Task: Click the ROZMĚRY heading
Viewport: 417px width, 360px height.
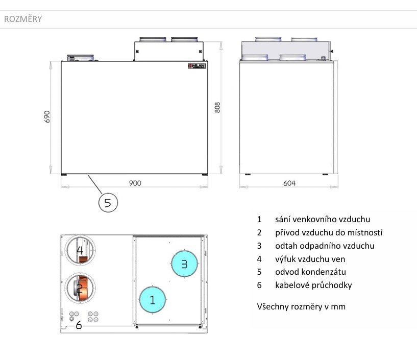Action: click(23, 19)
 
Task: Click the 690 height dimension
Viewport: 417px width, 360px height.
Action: click(47, 117)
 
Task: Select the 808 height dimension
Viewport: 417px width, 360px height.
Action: click(217, 107)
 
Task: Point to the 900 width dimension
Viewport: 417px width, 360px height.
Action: click(135, 183)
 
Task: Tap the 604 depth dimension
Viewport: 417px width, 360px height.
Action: click(289, 183)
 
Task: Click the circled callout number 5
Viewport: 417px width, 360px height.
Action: click(108, 203)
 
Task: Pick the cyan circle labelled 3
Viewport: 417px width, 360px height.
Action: click(184, 264)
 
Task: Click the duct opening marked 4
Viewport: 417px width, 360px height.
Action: click(81, 251)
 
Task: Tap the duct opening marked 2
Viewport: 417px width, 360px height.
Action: click(81, 289)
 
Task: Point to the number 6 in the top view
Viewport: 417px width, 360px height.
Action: click(79, 325)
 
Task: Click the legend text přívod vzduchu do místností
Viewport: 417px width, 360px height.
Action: click(329, 232)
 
